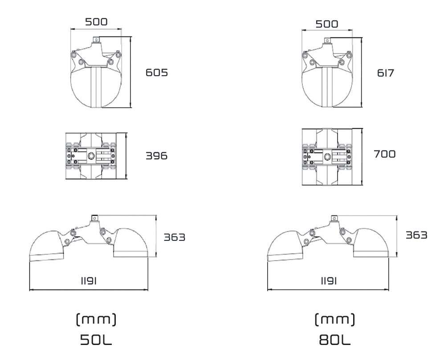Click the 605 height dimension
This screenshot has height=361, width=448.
tap(157, 73)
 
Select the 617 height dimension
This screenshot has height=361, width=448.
tap(385, 73)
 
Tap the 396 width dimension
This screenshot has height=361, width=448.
tap(157, 156)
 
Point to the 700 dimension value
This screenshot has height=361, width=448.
tap(385, 154)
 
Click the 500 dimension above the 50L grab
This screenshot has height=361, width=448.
tap(97, 22)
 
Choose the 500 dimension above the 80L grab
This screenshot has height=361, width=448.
tap(327, 24)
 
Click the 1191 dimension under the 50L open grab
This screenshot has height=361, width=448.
tap(89, 281)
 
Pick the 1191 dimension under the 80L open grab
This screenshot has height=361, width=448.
tap(329, 281)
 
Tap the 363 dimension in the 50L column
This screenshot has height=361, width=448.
tap(174, 237)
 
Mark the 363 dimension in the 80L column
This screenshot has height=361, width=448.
tap(416, 235)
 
